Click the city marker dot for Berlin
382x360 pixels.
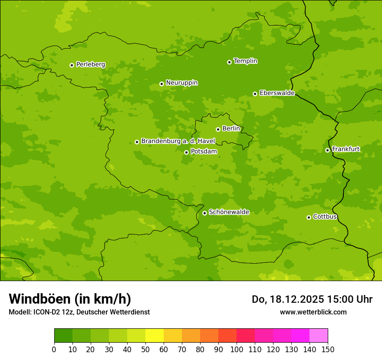(x=218, y=129)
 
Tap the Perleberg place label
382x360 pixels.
(x=90, y=65)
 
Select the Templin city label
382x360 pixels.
(x=245, y=61)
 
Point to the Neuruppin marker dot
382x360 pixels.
(x=161, y=84)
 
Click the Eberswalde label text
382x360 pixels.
(x=277, y=93)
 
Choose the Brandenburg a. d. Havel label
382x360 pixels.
(x=178, y=141)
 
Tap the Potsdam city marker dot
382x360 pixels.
(x=186, y=152)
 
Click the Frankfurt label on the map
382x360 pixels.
(x=346, y=149)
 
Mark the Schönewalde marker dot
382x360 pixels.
(x=204, y=213)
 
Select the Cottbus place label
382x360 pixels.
(x=325, y=217)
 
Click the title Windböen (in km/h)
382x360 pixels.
(x=70, y=299)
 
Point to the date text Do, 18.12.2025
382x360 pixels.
(x=287, y=299)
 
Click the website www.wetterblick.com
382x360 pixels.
(x=313, y=312)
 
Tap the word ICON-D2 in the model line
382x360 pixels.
(x=47, y=312)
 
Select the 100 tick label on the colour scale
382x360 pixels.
(x=237, y=349)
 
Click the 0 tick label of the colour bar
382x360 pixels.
(x=54, y=349)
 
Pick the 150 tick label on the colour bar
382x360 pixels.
(x=328, y=349)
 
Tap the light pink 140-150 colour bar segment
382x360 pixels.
(x=319, y=336)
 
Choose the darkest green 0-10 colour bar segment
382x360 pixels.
(x=63, y=336)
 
